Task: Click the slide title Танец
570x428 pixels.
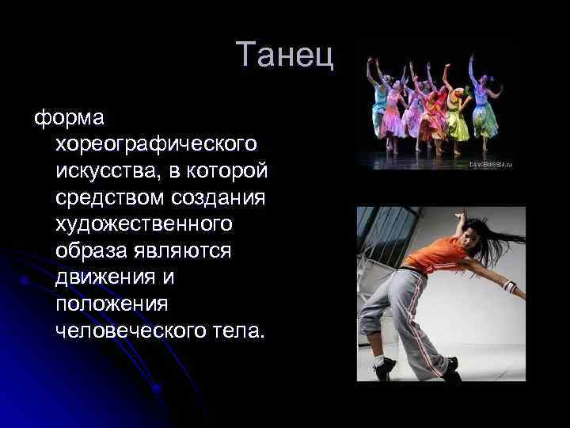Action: [x=285, y=55]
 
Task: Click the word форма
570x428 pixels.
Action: [x=74, y=117]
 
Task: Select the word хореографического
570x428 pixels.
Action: [x=156, y=144]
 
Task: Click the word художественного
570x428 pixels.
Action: [x=144, y=224]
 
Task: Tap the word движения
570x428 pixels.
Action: [x=101, y=277]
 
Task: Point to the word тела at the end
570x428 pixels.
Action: [x=241, y=331]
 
